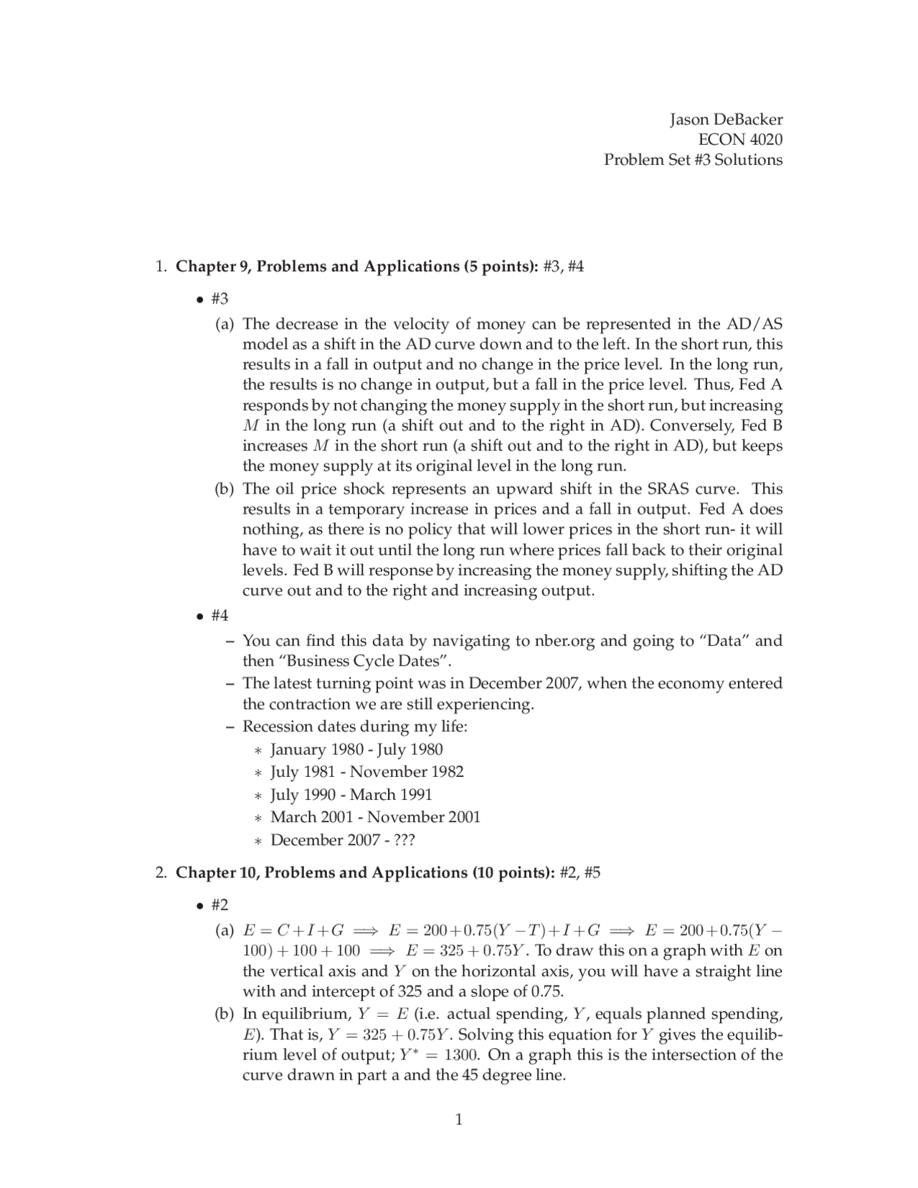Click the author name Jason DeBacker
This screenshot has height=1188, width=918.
726,119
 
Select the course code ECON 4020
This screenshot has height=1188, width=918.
740,139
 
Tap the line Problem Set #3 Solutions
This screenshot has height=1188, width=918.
693,159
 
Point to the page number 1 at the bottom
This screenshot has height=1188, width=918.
459,1119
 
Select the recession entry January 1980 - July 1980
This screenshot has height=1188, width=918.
356,750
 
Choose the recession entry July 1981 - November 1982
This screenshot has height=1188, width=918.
366,772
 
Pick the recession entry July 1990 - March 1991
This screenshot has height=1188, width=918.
351,795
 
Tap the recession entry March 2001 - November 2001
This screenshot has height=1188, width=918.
375,817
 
